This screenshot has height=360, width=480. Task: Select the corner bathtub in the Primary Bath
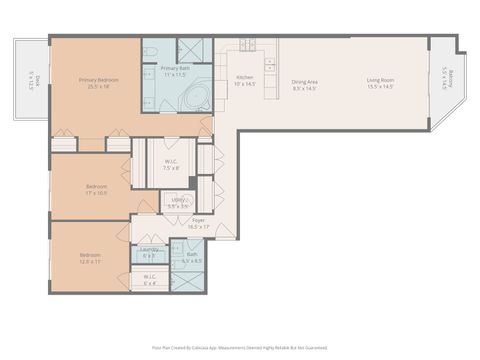tap(195, 97)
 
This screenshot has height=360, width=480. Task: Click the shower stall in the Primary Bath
tap(194, 51)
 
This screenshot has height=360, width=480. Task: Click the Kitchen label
tap(244, 80)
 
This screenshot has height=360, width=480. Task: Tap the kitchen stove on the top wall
tap(247, 45)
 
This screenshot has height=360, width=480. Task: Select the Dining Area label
tap(304, 84)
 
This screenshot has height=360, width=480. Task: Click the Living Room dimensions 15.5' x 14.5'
tap(379, 88)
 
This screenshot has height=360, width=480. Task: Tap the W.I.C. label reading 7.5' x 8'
tap(171, 165)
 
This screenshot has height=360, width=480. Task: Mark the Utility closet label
tap(179, 202)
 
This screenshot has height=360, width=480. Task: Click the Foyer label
tap(199, 223)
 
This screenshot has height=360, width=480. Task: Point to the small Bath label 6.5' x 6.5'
tap(192, 257)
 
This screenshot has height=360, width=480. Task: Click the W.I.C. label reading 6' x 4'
tap(149, 278)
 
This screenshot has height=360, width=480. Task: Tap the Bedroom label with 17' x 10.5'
tap(96, 189)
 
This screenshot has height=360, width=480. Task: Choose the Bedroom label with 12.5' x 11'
tap(91, 258)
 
